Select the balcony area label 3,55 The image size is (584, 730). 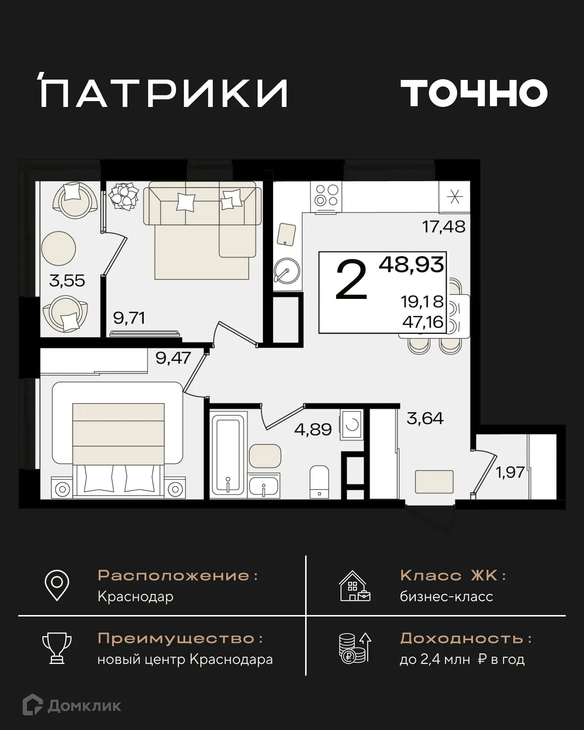[x=67, y=281]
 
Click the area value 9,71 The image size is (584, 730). [x=129, y=318]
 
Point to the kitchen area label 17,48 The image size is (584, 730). [x=443, y=227]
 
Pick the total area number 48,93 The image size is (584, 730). [x=411, y=265]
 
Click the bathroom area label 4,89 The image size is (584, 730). [x=313, y=430]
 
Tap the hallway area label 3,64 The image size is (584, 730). [x=425, y=418]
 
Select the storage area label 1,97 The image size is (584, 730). [x=510, y=472]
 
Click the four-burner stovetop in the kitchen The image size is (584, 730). [x=326, y=196]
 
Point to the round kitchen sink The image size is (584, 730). [x=287, y=271]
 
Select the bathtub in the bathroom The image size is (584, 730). [x=228, y=454]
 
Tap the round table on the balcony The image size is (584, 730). [x=58, y=249]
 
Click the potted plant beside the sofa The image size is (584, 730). [x=124, y=196]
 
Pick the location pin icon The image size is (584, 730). [x=57, y=585]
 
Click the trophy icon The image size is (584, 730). [x=57, y=648]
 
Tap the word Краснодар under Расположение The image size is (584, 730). [x=135, y=597]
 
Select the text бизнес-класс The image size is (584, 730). [x=446, y=597]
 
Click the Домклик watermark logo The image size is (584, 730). [x=72, y=706]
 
